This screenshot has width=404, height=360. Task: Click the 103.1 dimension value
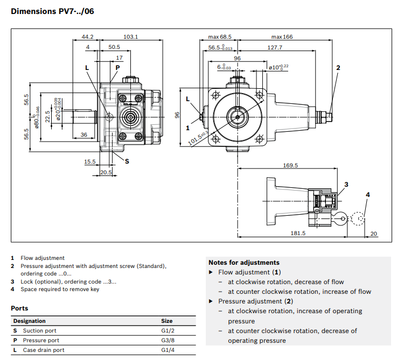point(130,37)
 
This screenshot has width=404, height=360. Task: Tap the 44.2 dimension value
point(87,37)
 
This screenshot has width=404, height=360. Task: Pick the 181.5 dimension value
point(297,233)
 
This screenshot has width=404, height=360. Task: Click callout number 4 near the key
point(368,194)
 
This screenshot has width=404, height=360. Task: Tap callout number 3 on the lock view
point(346,184)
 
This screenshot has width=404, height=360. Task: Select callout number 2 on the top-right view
point(338,67)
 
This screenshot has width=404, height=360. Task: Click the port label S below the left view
point(127,161)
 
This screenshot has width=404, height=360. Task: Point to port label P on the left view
point(117,67)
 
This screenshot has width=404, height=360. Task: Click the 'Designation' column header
point(30,321)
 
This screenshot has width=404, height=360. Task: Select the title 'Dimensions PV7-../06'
point(52,11)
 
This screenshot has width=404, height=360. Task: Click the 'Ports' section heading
point(19,308)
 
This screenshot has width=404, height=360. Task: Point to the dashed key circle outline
point(358,218)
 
